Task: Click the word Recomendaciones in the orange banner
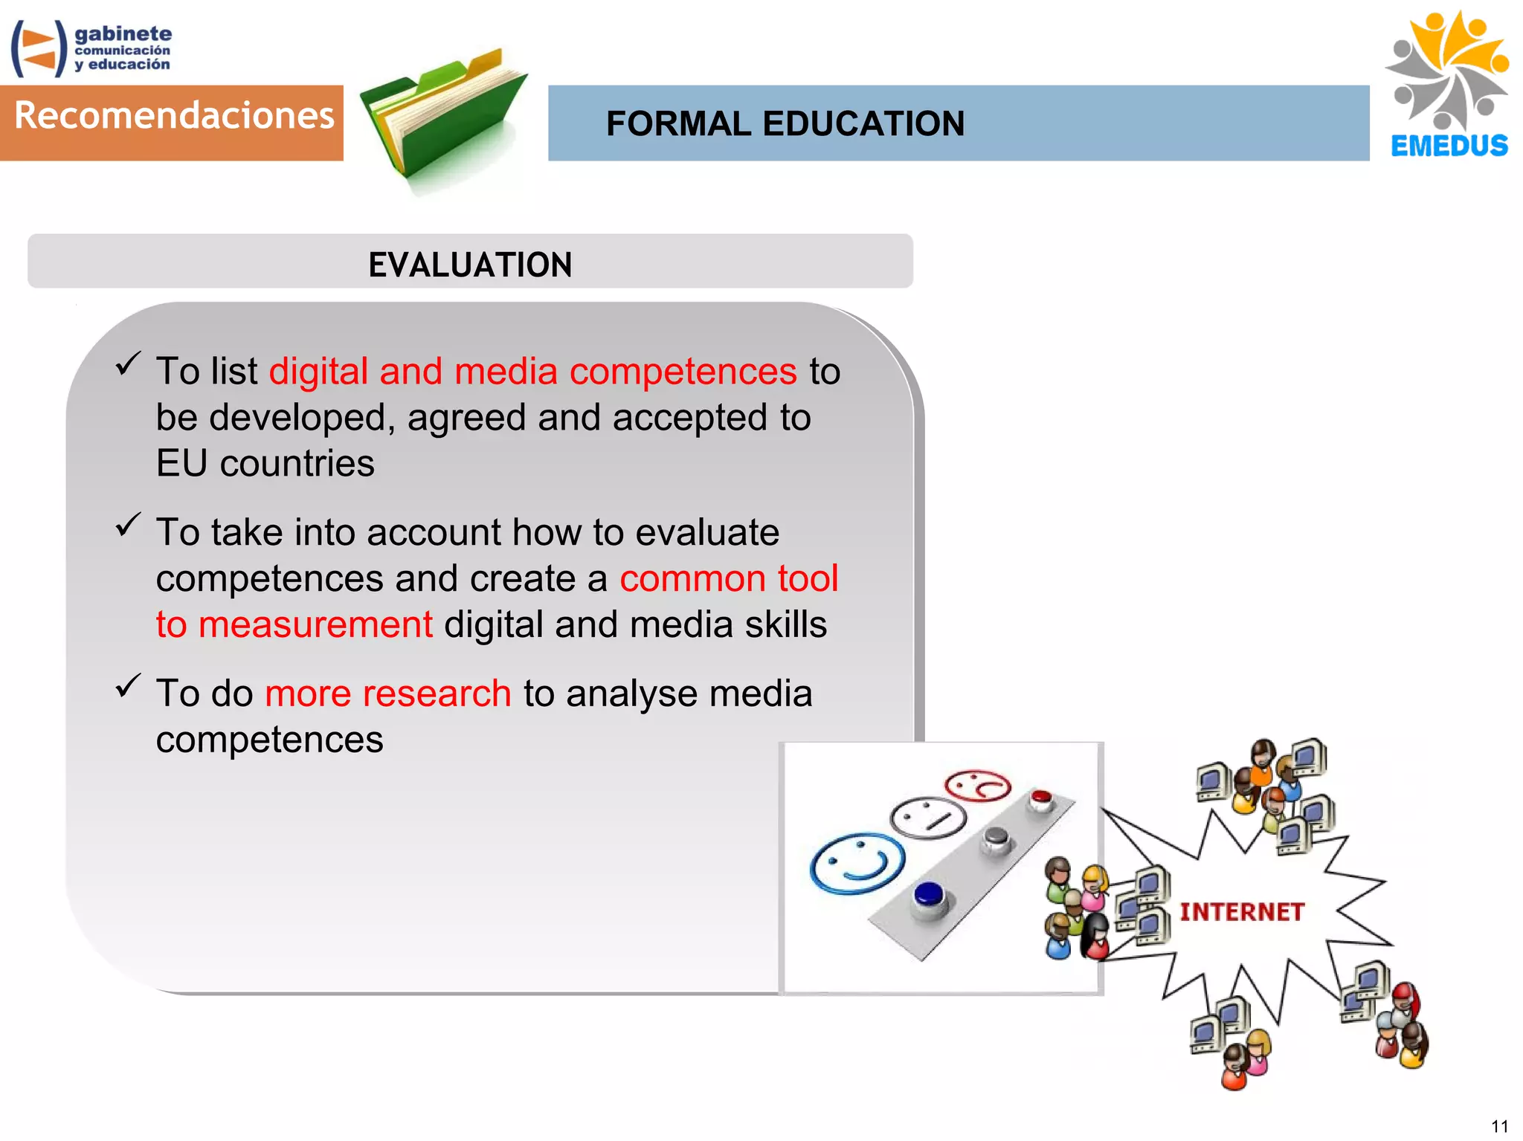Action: pyautogui.click(x=174, y=116)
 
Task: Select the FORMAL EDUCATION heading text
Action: pyautogui.click(x=785, y=123)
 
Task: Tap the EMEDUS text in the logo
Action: pyautogui.click(x=1449, y=146)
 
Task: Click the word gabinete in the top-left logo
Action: pyautogui.click(x=123, y=33)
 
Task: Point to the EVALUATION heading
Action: pyautogui.click(x=470, y=265)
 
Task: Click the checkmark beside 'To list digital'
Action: pyautogui.click(x=128, y=363)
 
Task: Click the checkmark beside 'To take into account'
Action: pyautogui.click(x=128, y=525)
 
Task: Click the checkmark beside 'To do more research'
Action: pyautogui.click(x=128, y=685)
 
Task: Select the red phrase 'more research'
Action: pyautogui.click(x=387, y=694)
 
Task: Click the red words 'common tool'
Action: pyautogui.click(x=729, y=578)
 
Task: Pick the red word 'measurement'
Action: pyautogui.click(x=315, y=624)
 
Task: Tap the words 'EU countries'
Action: pyautogui.click(x=265, y=464)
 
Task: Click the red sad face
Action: pyautogui.click(x=977, y=785)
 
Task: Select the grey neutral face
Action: pyautogui.click(x=928, y=818)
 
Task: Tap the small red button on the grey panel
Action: pyautogui.click(x=1040, y=799)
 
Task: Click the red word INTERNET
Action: pyautogui.click(x=1242, y=911)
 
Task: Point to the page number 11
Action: pyautogui.click(x=1499, y=1125)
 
